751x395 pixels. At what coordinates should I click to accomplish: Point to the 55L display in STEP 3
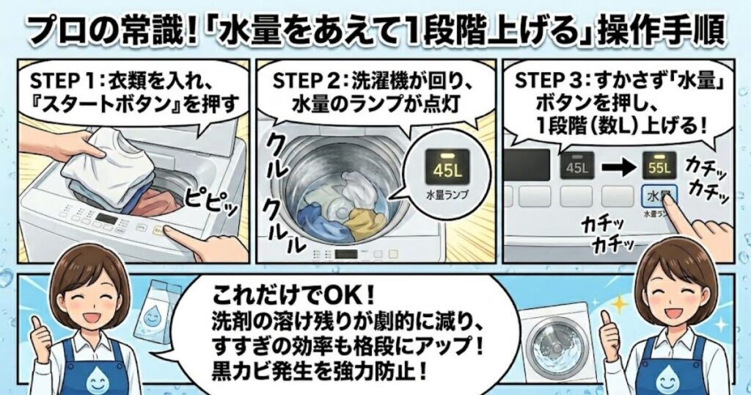(x=659, y=167)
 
